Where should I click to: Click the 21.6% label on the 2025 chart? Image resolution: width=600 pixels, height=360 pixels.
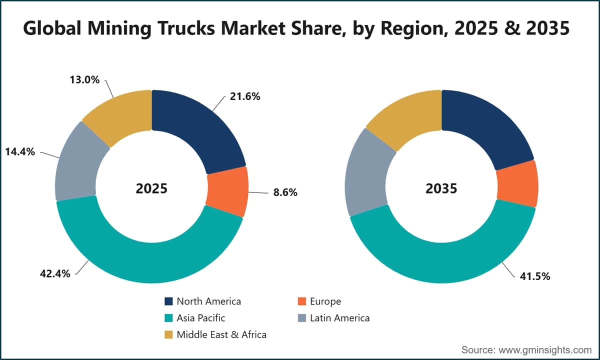coord(245,96)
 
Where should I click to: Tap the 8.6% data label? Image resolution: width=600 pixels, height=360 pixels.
coord(285,192)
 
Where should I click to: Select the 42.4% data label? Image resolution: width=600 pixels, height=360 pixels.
coord(55,274)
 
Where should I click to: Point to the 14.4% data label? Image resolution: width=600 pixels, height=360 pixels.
coord(20,152)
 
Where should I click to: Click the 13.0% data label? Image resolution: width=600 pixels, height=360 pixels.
coord(84,80)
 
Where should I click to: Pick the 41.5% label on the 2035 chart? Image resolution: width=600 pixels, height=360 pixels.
coord(535,276)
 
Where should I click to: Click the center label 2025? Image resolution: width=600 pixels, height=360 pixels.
coord(151,188)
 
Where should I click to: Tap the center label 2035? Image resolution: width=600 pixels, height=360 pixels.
coord(441,188)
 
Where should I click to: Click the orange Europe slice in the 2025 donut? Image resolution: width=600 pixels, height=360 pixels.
coord(227,190)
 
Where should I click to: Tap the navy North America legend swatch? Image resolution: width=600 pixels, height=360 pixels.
coord(168,301)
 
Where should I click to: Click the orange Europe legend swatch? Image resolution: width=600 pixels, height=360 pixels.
coord(302,301)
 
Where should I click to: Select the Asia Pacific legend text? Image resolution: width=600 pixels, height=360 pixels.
coord(201,318)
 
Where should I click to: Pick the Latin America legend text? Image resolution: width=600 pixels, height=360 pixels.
coord(339,318)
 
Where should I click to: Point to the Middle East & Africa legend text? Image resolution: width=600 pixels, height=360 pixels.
coord(221,334)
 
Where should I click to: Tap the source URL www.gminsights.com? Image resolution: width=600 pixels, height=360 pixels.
coord(545,350)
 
